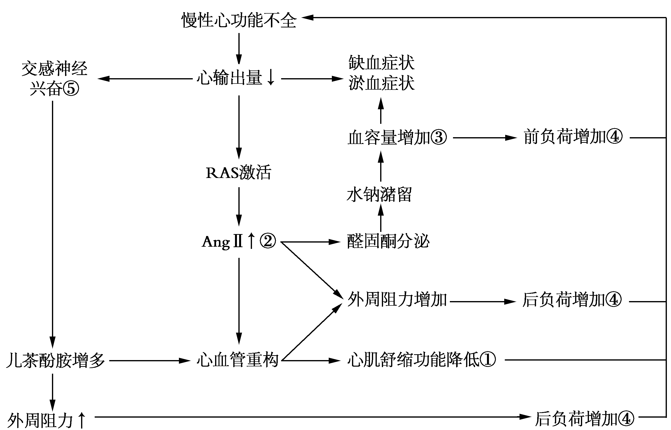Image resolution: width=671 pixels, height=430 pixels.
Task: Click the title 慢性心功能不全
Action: click(239, 20)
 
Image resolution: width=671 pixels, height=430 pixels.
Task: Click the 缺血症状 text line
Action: click(381, 63)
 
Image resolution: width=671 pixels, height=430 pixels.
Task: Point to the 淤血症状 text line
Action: click(381, 83)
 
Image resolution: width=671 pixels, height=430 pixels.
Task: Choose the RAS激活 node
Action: click(238, 173)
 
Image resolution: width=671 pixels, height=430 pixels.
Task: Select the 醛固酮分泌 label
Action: click(388, 242)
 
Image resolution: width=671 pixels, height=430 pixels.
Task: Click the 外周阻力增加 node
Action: click(397, 300)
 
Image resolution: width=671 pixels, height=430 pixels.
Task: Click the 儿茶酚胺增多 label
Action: click(55, 361)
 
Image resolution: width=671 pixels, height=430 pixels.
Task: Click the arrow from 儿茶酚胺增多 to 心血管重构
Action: click(149, 361)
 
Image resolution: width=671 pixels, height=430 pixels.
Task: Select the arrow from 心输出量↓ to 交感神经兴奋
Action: click(145, 79)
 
